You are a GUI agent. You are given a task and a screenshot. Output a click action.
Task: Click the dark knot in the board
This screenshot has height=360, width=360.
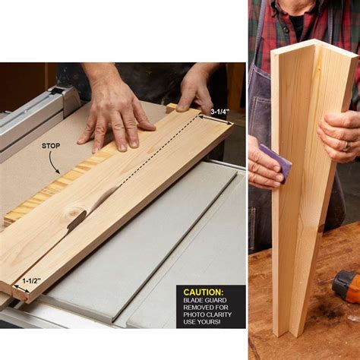(x=74, y=219)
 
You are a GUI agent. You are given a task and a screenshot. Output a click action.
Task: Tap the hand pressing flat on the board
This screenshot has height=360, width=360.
(x=118, y=114)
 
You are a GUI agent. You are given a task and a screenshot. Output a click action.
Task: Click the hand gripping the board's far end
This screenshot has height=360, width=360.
(x=196, y=90)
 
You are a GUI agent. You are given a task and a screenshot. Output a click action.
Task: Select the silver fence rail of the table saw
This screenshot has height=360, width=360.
(x=30, y=122)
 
